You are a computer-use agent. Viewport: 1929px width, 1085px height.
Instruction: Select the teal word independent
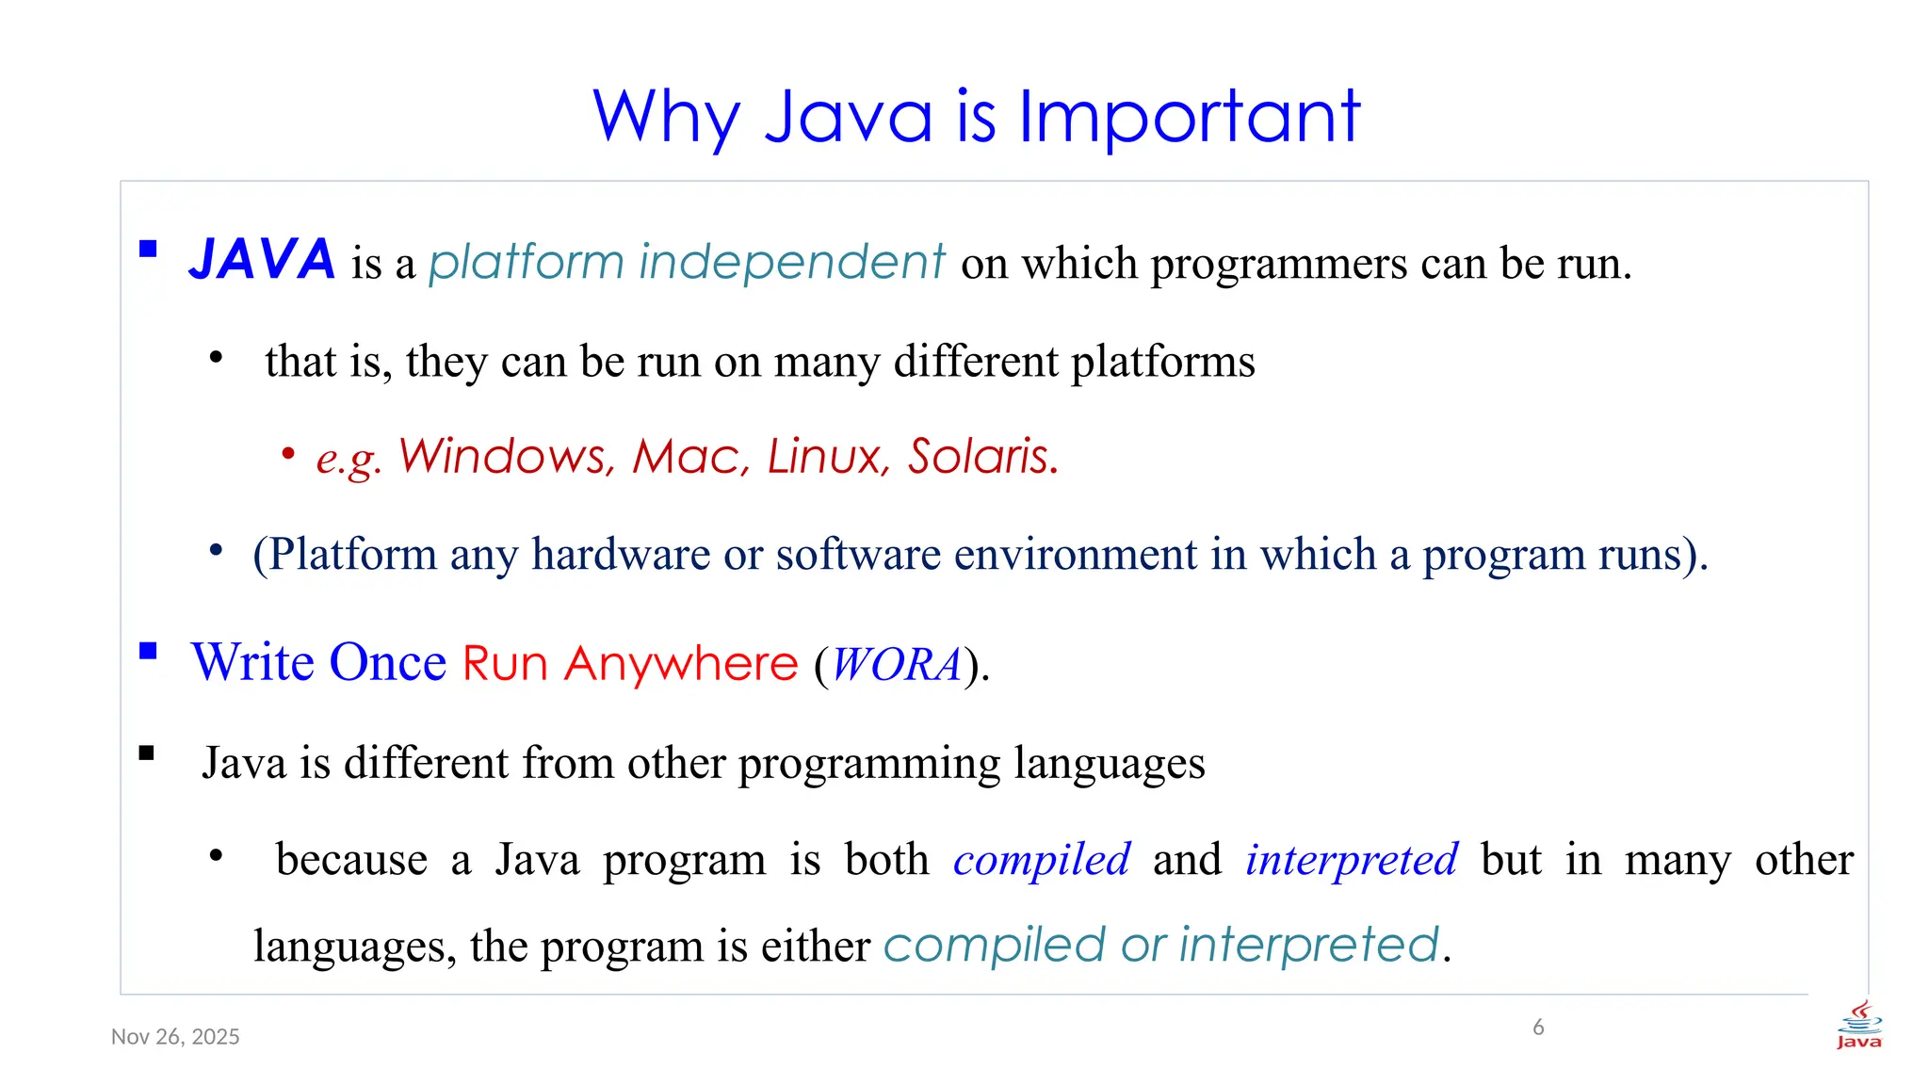[791, 262]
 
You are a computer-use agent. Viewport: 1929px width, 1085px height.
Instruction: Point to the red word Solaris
[983, 457]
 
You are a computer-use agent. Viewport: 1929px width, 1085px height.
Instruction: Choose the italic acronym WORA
[896, 664]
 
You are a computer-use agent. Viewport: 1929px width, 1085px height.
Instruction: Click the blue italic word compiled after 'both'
[1041, 860]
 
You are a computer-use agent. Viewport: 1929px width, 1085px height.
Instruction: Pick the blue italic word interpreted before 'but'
[1351, 860]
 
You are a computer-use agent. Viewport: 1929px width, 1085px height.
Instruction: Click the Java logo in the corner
[1858, 1025]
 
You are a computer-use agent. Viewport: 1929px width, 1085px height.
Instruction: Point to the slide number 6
[1538, 1027]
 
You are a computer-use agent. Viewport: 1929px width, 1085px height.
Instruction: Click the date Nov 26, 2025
[175, 1037]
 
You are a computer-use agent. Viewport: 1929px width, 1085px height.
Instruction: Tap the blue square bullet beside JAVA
[148, 249]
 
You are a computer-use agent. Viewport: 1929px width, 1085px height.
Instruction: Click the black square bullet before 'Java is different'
[147, 753]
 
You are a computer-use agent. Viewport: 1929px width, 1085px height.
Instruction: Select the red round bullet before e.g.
[288, 455]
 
